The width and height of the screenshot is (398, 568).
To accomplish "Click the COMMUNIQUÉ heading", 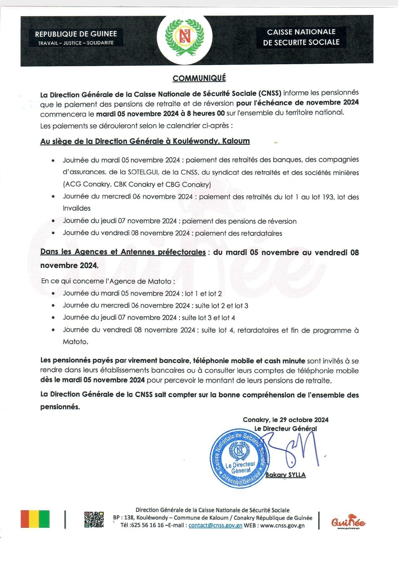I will point(199,78).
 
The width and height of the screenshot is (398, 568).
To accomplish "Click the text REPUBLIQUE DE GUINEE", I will point(76,34).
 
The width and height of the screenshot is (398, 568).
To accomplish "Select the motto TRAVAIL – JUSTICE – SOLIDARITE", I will point(76,43).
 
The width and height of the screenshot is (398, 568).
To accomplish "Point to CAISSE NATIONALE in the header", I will point(301,32).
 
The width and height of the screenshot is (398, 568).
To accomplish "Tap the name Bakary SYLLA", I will point(285,475).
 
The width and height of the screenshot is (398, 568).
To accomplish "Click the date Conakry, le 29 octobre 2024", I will point(285,420).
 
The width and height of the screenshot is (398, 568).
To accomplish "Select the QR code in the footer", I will point(94,519).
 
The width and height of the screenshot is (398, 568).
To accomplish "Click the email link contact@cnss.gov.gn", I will point(215,526).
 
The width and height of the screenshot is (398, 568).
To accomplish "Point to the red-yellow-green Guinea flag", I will point(35,519).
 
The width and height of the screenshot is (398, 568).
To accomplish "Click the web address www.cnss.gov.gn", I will point(283,526).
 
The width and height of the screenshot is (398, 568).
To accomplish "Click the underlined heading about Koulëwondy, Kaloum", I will point(145,141).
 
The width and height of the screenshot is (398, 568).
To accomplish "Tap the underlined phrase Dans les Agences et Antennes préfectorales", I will point(123,252).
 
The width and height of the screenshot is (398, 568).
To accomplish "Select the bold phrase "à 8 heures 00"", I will point(203,113).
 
